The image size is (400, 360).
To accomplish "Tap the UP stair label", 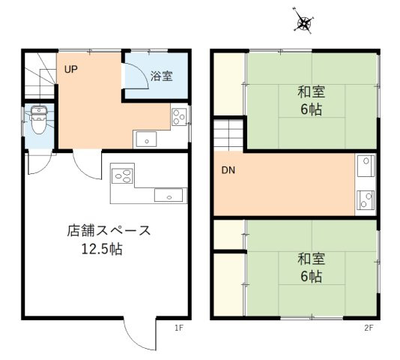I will coord(70,70).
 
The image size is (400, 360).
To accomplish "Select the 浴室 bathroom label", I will coord(161,76).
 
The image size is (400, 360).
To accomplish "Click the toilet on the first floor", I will coord(38,118).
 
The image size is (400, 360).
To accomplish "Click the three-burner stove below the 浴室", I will coord(179,116).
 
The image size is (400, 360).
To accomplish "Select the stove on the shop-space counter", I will coord(122,177).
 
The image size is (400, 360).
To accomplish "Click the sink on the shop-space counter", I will coord(169,196).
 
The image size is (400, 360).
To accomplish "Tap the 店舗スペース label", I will coord(109,230).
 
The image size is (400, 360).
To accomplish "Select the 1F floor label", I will coord(179,327).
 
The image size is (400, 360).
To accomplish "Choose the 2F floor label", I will coord(369,327).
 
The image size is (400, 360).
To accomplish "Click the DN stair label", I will coord(228,170).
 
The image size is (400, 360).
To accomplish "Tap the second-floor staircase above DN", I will coord(230,135).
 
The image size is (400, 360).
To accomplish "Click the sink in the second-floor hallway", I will coord(365,164).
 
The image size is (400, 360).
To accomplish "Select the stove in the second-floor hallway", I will coord(366,199).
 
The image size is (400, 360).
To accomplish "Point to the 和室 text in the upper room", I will coord(310,92).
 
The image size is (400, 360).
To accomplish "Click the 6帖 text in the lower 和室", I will coord(311,277).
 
